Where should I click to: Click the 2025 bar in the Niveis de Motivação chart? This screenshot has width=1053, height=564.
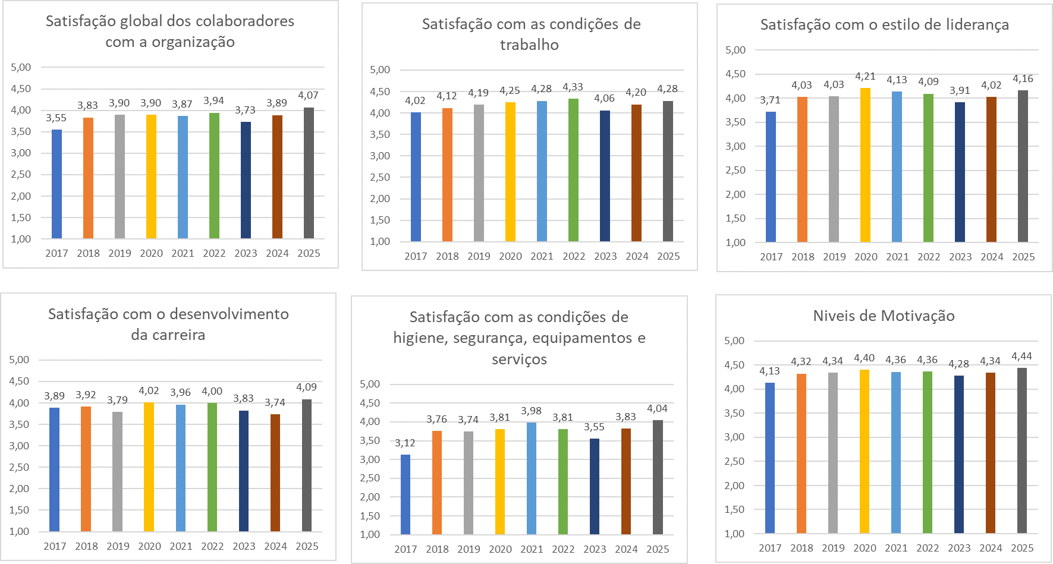pyautogui.click(x=1021, y=450)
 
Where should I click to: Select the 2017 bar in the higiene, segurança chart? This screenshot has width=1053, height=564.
pyautogui.click(x=406, y=494)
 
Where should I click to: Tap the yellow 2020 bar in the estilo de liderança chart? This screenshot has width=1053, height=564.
pyautogui.click(x=865, y=165)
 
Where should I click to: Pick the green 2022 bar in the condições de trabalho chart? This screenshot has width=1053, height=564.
pyautogui.click(x=573, y=170)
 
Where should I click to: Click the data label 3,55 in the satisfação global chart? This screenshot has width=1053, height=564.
pyautogui.click(x=56, y=118)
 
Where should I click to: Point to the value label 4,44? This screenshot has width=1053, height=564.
pyautogui.click(x=1021, y=357)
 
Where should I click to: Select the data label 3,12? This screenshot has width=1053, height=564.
pyautogui.click(x=405, y=443)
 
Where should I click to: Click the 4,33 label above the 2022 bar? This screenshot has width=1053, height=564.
pyautogui.click(x=573, y=87)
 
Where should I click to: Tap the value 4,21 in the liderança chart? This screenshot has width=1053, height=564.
pyautogui.click(x=865, y=77)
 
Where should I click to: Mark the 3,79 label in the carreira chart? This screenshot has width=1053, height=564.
pyautogui.click(x=117, y=401)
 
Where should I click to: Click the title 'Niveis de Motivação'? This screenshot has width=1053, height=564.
pyautogui.click(x=884, y=316)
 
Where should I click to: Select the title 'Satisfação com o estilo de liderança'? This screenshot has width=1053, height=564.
pyautogui.click(x=884, y=25)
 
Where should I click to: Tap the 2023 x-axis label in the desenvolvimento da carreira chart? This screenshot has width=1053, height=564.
pyautogui.click(x=244, y=546)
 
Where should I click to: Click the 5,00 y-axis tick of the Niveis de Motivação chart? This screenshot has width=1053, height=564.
pyautogui.click(x=734, y=341)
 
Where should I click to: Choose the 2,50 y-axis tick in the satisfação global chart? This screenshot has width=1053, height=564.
pyautogui.click(x=21, y=175)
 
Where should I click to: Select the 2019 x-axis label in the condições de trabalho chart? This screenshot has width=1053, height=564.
pyautogui.click(x=479, y=257)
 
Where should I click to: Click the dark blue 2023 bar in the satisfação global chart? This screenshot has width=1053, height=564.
pyautogui.click(x=246, y=180)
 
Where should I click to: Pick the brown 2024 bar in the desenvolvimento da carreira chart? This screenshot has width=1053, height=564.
pyautogui.click(x=275, y=473)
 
